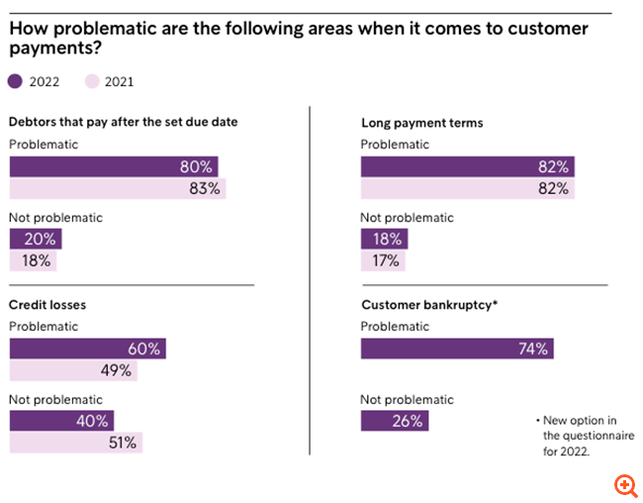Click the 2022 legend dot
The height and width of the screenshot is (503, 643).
15,81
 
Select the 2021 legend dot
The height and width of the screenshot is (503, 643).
92,81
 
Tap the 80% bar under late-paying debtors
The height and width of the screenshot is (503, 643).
114,166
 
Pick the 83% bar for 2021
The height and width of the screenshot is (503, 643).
118,188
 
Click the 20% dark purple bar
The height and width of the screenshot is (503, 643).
36,239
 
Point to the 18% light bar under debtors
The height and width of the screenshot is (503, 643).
34,260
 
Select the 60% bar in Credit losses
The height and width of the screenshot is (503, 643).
87,349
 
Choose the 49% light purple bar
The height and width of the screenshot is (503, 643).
73,370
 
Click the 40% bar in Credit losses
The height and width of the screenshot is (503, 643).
61,420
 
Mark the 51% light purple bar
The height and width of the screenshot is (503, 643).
76,442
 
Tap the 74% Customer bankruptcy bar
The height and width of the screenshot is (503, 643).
457,349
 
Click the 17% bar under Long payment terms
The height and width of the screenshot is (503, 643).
383,260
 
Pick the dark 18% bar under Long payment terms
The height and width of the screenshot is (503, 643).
384,239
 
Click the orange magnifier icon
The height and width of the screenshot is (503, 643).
625,485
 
